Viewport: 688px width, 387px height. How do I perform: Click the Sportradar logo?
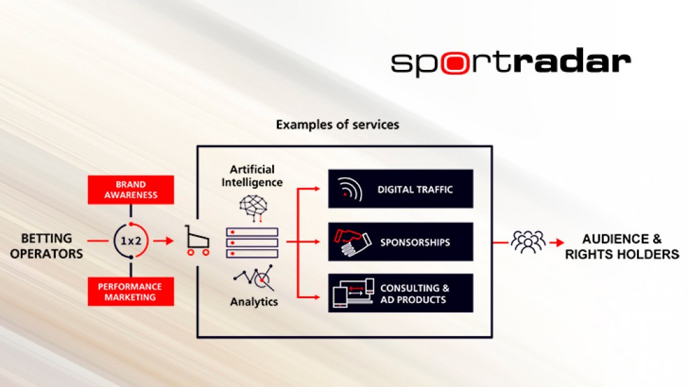(x=511, y=62)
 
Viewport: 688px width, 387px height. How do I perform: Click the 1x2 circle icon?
(x=131, y=241)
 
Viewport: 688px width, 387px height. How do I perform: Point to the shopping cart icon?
(x=196, y=241)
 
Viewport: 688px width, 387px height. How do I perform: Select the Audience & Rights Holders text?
(x=621, y=247)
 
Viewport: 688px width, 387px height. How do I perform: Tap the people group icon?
(x=528, y=241)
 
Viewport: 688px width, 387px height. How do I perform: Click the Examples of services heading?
(x=337, y=125)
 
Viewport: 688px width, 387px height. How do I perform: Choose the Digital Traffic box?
(x=400, y=189)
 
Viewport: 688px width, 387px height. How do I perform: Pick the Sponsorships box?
(x=400, y=242)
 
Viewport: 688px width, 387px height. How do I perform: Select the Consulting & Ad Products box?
(x=400, y=294)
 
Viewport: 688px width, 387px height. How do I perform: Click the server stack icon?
(x=252, y=242)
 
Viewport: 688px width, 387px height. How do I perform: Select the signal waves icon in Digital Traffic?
(x=347, y=189)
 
